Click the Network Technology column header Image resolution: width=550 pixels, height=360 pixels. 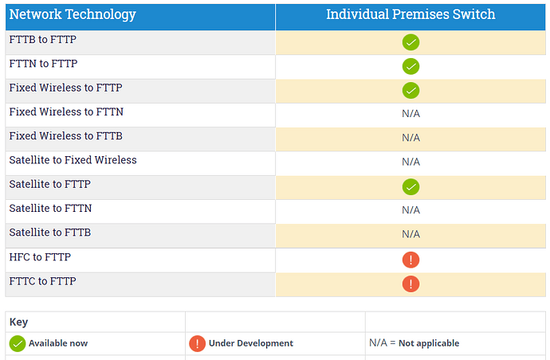tap(73, 14)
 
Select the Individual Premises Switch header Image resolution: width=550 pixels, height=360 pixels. tap(411, 14)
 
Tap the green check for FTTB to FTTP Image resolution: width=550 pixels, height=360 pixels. tap(411, 42)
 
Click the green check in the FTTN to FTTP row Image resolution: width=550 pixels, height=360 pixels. tap(411, 66)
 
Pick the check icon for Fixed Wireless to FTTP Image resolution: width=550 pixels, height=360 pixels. tap(411, 91)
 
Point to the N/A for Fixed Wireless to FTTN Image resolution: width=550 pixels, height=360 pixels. tap(411, 114)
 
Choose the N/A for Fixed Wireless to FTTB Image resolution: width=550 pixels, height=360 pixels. tap(411, 138)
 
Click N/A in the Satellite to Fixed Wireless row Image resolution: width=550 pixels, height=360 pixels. tap(411, 162)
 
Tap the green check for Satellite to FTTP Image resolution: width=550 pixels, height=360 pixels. tap(411, 187)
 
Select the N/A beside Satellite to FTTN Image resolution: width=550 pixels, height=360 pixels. tap(411, 210)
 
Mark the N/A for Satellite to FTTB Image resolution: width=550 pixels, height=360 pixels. tap(411, 234)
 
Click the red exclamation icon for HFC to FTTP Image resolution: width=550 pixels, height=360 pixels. tap(411, 260)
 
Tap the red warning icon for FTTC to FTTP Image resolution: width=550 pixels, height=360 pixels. tap(411, 284)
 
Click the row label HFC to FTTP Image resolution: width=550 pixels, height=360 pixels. tap(40, 257)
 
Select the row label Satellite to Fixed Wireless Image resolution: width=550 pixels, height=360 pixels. tap(73, 160)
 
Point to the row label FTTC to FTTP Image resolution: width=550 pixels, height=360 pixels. tap(42, 281)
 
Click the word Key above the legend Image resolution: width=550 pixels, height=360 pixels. tap(18, 322)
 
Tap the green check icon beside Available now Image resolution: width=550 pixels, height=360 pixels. tap(18, 343)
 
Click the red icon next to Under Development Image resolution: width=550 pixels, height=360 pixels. tap(197, 343)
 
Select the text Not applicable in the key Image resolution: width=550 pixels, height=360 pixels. tap(429, 343)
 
